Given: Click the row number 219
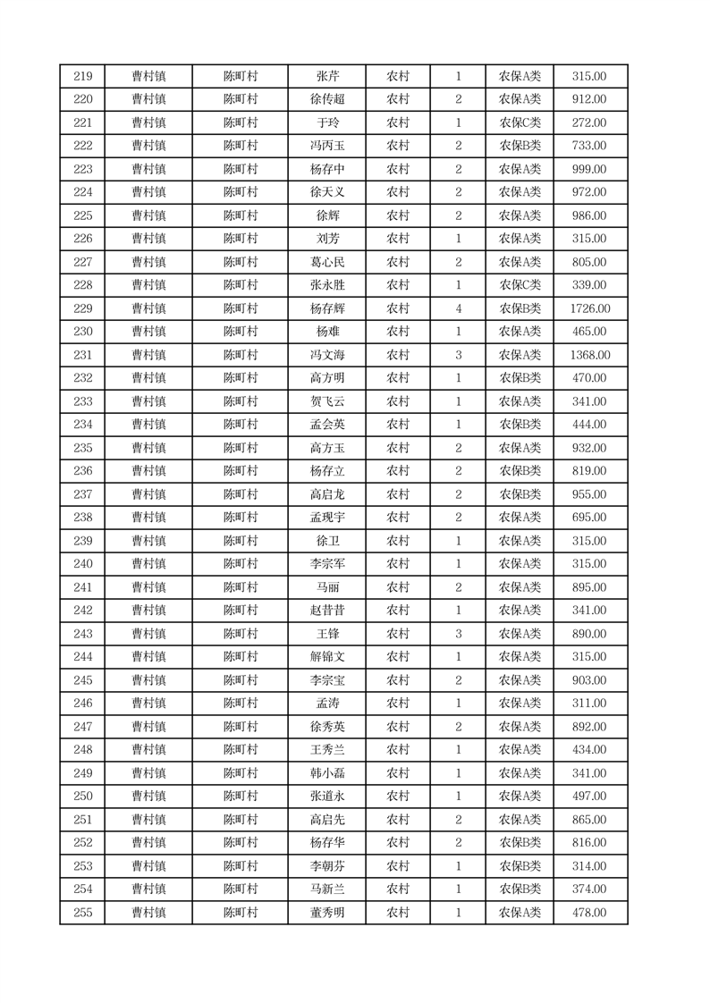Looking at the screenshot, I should [82, 76].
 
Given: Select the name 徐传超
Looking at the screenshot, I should [327, 99].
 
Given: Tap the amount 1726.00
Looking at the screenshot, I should [589, 308].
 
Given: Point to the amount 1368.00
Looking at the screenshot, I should [589, 355].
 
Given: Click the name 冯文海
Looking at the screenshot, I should [327, 355].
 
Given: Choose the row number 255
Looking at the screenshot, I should [82, 913].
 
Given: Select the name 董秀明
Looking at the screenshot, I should [327, 913].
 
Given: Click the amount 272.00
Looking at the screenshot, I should [589, 122].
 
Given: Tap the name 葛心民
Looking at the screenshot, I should [327, 262].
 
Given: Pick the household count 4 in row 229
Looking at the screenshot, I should [458, 308].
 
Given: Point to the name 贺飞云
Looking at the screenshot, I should [327, 401].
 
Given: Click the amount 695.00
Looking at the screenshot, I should [589, 518].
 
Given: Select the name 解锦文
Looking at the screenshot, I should [327, 657].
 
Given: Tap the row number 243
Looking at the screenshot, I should [82, 634].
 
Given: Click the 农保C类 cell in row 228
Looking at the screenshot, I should [520, 285].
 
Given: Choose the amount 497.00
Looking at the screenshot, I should [589, 796].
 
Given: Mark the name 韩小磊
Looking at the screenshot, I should [327, 773].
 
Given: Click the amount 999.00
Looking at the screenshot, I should [589, 169].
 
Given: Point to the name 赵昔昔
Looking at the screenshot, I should [327, 611].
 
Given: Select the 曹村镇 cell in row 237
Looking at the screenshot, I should [148, 494].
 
